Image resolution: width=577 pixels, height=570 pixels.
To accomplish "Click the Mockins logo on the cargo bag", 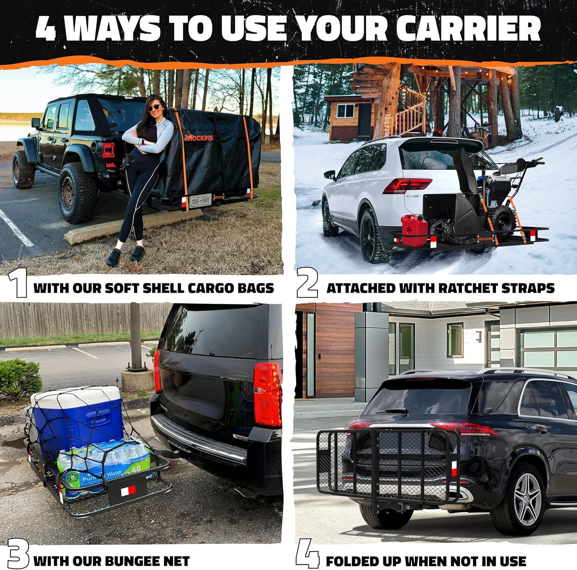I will tap(198, 137).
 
